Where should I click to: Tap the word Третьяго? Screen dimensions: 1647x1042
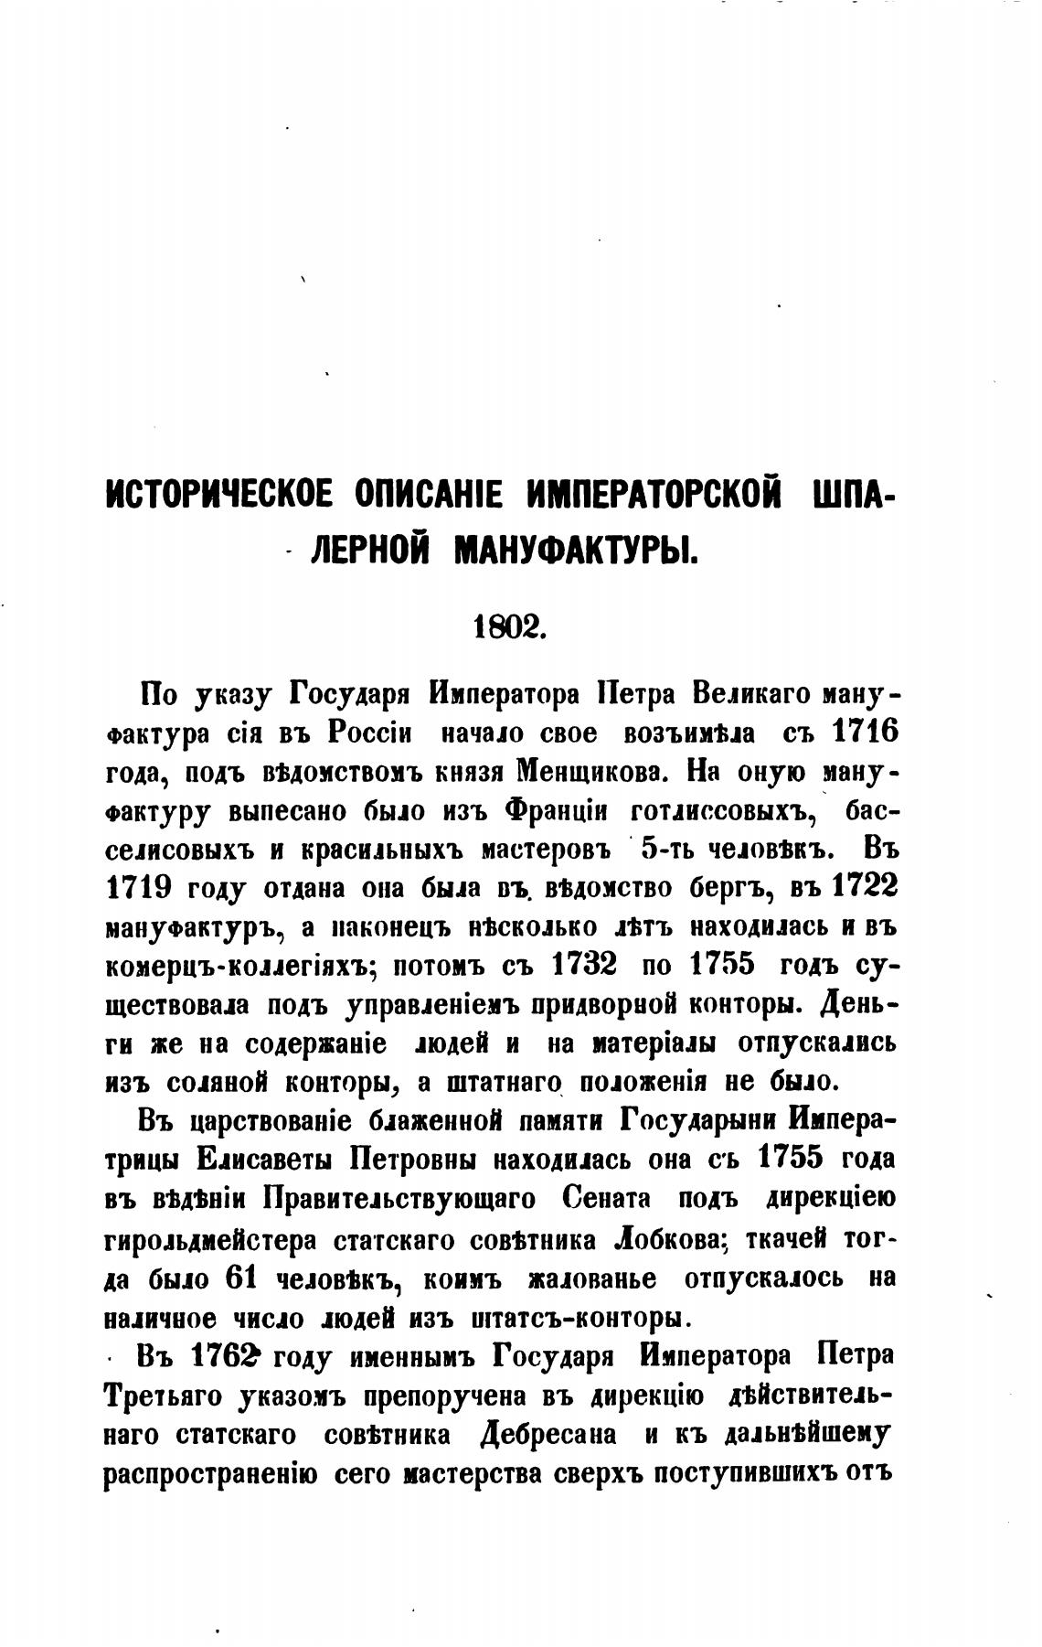[x=162, y=1396]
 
